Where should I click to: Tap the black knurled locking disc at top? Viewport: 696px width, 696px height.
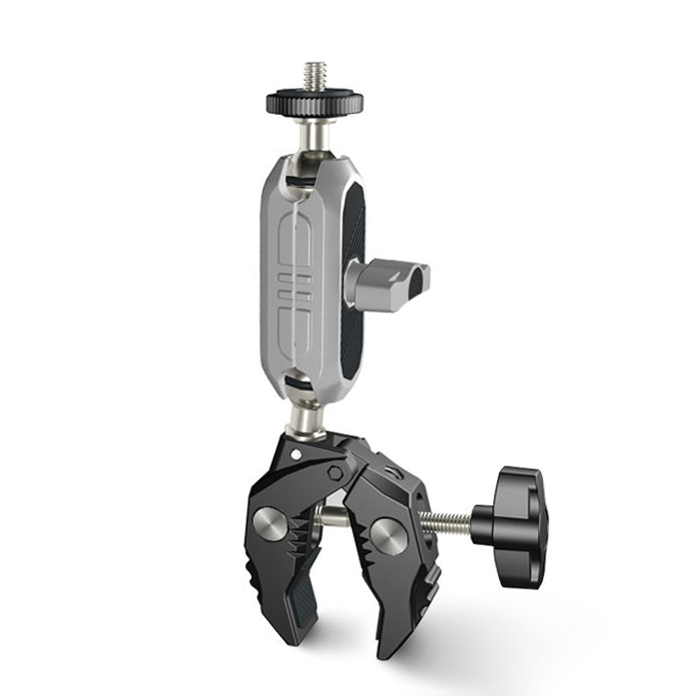(315, 101)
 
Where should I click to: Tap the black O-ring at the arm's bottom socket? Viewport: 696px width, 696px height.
(297, 381)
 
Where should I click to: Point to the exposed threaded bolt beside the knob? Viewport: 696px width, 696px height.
(449, 519)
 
